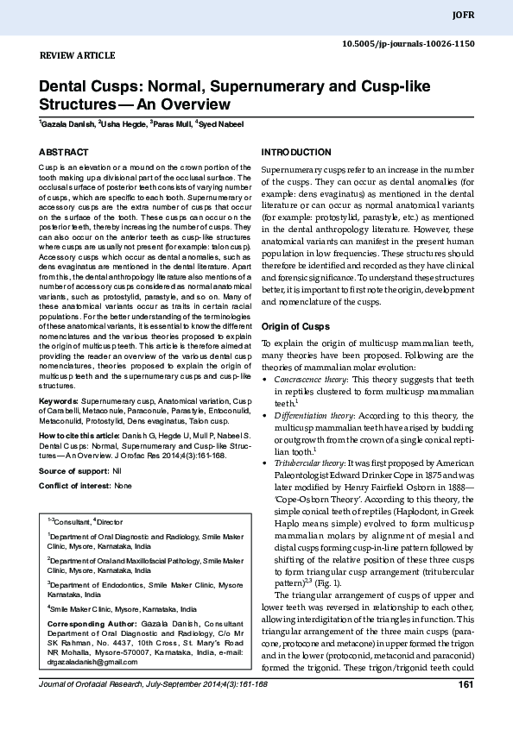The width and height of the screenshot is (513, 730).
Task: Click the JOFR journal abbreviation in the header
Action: [488, 16]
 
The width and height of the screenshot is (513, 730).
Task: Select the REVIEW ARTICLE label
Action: [78, 56]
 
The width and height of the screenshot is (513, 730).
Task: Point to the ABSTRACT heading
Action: [63, 153]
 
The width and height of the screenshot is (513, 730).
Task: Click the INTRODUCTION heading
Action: [296, 153]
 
